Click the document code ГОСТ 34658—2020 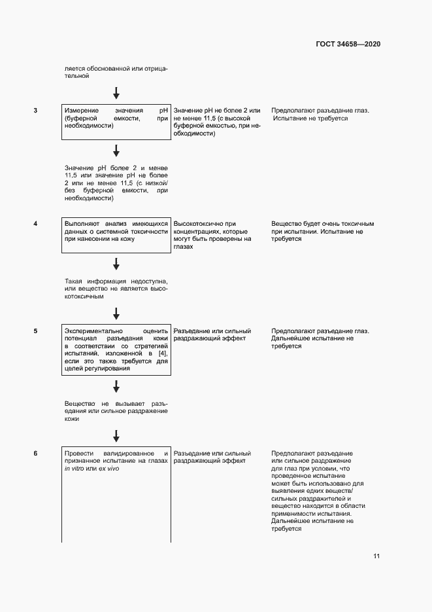coord(348,45)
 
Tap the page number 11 coord(376,556)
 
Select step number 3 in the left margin coord(35,111)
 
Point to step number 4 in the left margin coord(35,224)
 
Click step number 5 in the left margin coord(35,331)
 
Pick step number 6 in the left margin coord(35,454)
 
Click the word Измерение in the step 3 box coord(82,111)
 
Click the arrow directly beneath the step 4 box coord(116,263)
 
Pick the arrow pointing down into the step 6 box coord(116,435)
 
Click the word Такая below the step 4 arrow coord(75,279)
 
